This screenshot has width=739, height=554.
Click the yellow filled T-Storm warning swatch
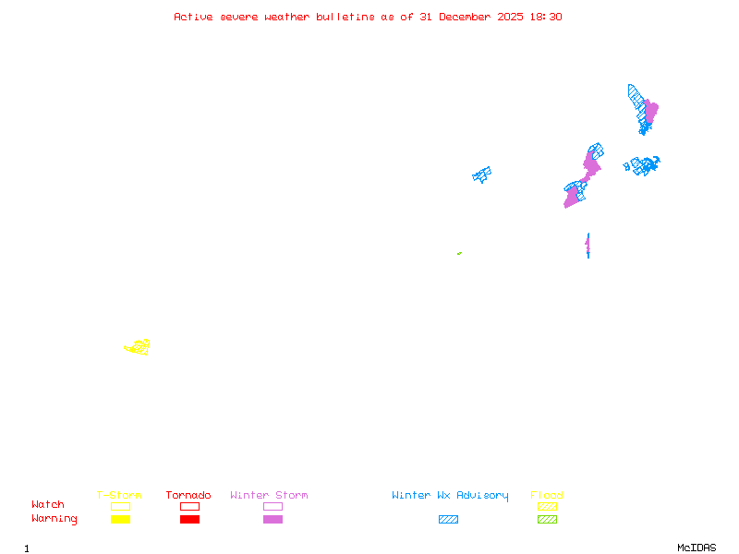click(x=120, y=519)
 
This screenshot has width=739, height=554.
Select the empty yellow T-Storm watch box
click(x=120, y=506)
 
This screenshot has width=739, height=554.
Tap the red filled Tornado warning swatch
click(x=189, y=519)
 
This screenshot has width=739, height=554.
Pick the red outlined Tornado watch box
click(x=189, y=506)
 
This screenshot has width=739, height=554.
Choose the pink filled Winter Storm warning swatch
click(x=273, y=519)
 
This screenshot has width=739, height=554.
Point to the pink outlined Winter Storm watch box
click(x=273, y=506)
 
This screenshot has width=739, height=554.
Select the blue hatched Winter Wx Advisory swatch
click(x=448, y=519)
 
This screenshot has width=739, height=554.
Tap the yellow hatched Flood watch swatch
click(x=547, y=506)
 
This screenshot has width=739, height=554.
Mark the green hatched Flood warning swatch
click(x=547, y=519)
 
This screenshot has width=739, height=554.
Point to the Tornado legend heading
click(x=188, y=496)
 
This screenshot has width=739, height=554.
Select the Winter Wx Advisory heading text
click(x=450, y=496)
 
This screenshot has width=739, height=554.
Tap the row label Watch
click(x=48, y=505)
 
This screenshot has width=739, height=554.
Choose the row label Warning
click(x=55, y=519)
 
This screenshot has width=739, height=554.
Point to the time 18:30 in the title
click(x=545, y=17)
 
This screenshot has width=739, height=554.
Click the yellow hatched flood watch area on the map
click(x=139, y=347)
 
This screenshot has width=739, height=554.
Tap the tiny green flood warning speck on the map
click(x=459, y=253)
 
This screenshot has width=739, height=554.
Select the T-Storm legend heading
click(x=119, y=496)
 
